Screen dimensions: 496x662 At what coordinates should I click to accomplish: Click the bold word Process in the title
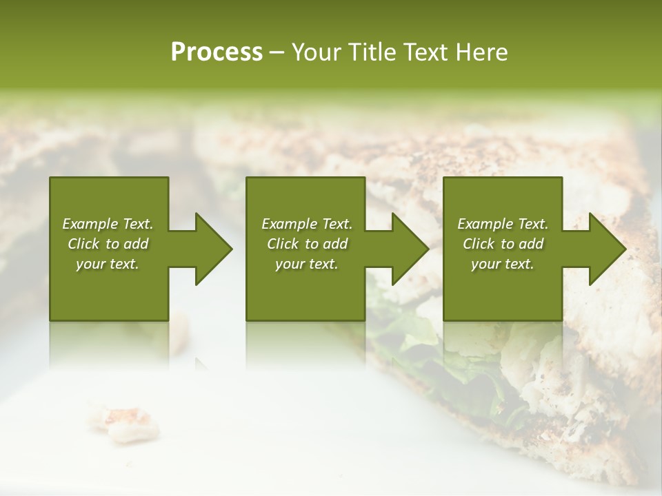pyautogui.click(x=217, y=52)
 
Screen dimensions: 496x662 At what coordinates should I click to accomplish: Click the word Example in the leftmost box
pyautogui.click(x=89, y=224)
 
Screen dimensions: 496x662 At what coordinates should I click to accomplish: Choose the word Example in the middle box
pyautogui.click(x=288, y=224)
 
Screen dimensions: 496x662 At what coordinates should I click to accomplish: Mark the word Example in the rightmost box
pyautogui.click(x=484, y=224)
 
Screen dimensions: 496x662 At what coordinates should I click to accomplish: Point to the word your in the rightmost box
pyautogui.click(x=486, y=264)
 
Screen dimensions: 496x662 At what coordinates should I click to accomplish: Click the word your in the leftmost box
pyautogui.click(x=90, y=264)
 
